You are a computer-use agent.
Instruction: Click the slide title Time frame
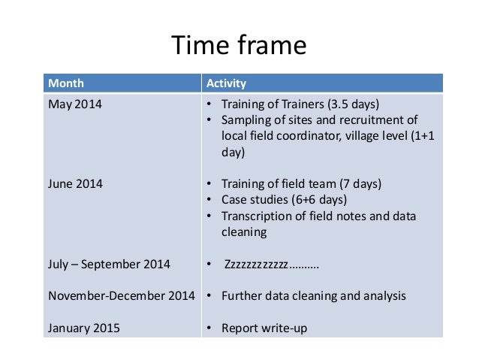coord(239,46)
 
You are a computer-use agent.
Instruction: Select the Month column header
coord(66,83)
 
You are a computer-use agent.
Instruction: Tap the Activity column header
coord(226,83)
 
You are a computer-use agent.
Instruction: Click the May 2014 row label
coord(74,104)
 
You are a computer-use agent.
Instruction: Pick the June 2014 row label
coord(75,183)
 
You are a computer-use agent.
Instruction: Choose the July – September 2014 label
coord(109,264)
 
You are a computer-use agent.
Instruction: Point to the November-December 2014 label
coord(122,296)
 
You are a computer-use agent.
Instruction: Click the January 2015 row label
coord(83,328)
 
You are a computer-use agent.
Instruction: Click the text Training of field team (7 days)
coord(301,183)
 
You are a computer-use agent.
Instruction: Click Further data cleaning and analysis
coord(313,296)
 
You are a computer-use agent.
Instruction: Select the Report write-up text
coord(264,328)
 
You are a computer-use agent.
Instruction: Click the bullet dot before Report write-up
coord(209,328)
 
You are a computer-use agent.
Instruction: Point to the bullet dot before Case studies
coord(209,201)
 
